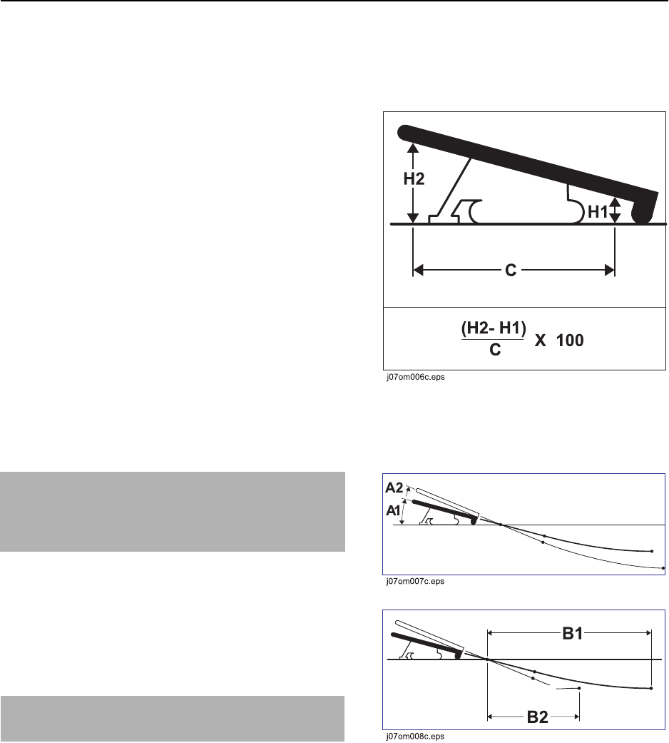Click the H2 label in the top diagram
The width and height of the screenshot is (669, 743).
click(x=414, y=179)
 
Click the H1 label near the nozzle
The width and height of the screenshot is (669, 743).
click(x=598, y=212)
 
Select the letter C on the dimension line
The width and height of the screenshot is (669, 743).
click(x=511, y=270)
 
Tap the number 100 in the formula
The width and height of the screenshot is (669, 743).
click(x=570, y=340)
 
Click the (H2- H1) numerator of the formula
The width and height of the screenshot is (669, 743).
click(x=494, y=328)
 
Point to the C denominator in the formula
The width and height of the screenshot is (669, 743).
click(x=495, y=350)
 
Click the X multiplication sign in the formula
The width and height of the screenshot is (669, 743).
click(x=540, y=340)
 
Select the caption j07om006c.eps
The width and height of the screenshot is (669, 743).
click(x=415, y=378)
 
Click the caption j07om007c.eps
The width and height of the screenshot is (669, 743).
click(x=415, y=582)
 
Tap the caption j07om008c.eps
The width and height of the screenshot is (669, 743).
click(x=415, y=737)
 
